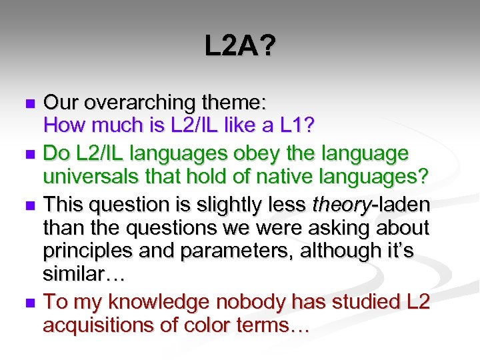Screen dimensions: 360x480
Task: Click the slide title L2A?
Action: click(x=239, y=47)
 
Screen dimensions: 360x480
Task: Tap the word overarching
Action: click(x=142, y=103)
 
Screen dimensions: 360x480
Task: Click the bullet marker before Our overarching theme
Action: click(x=29, y=104)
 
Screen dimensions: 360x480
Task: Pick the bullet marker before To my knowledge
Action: click(x=29, y=303)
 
